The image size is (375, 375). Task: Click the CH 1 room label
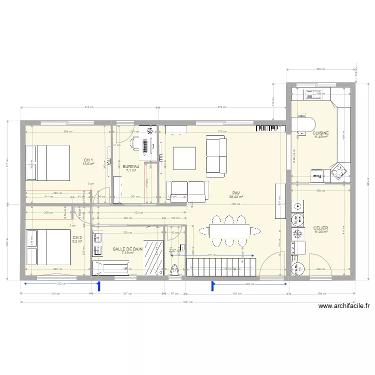[88, 160]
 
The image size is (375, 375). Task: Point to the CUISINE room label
[320, 133]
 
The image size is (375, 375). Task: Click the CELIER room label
[320, 228]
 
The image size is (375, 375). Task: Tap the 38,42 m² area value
[236, 197]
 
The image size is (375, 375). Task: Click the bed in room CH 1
[47, 162]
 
